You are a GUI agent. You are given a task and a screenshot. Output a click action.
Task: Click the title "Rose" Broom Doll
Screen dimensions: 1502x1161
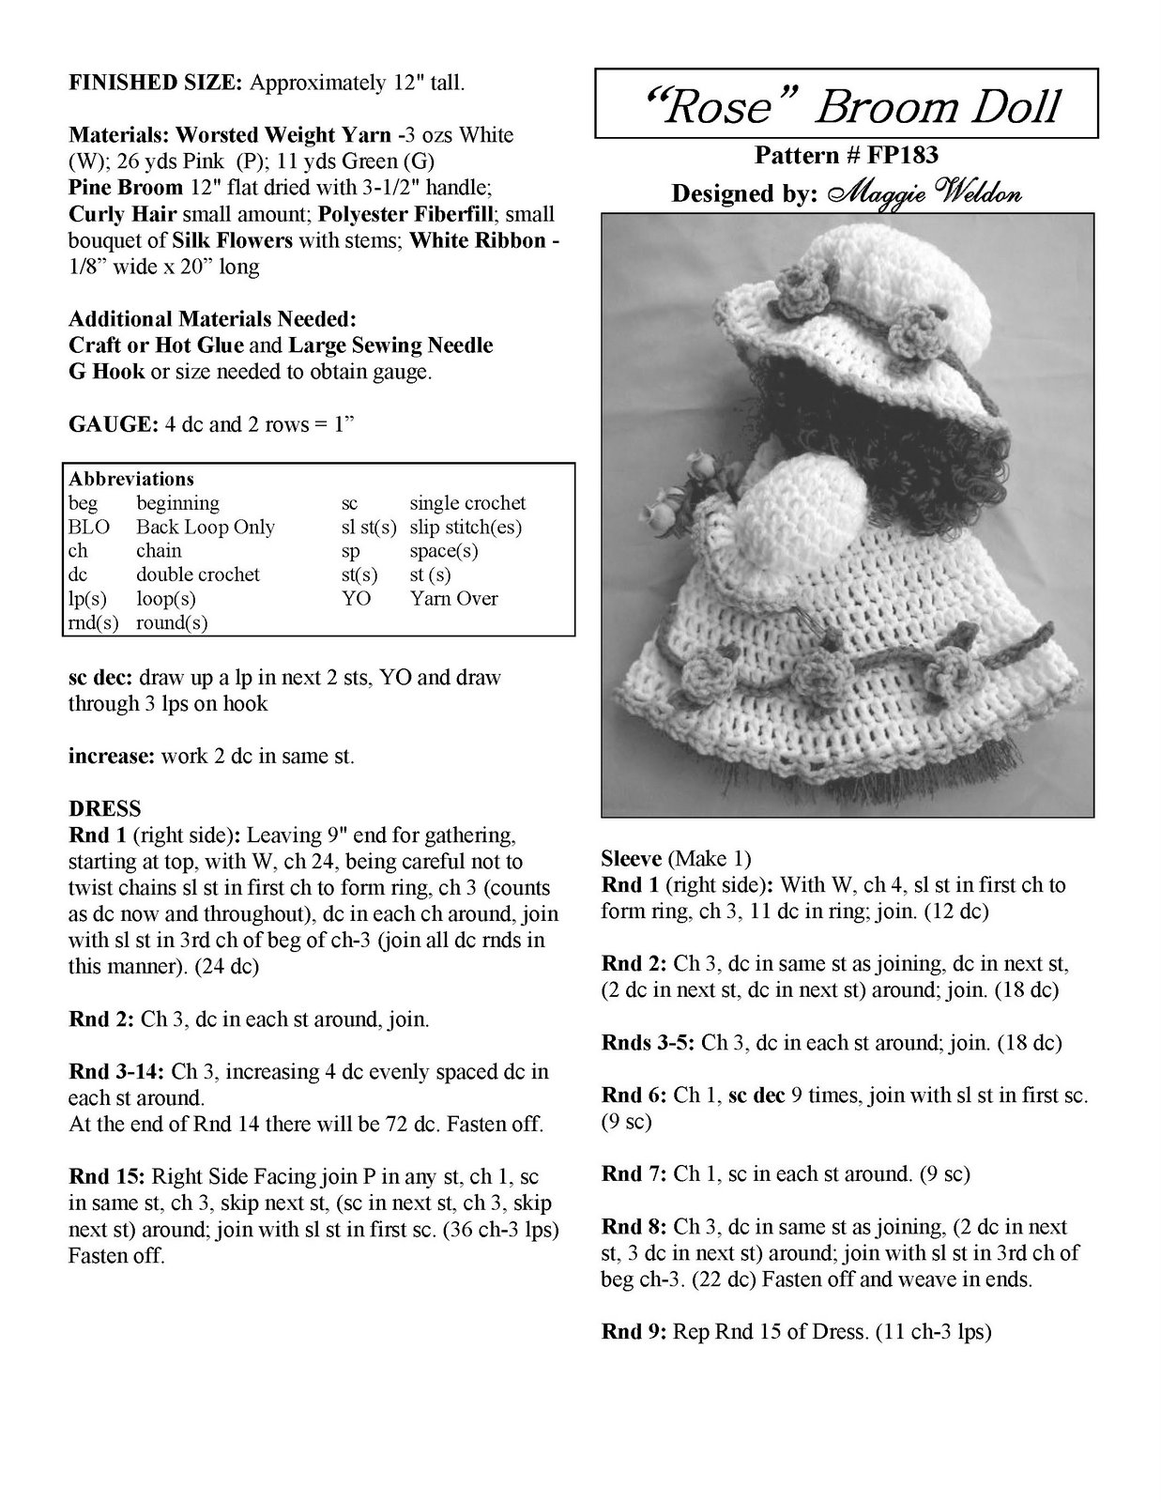846,106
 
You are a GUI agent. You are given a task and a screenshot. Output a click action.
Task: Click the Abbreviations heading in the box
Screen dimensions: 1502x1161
131,479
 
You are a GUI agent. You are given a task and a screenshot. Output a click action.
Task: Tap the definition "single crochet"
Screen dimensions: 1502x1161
467,503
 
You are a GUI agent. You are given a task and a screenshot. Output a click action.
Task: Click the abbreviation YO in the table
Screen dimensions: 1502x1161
356,598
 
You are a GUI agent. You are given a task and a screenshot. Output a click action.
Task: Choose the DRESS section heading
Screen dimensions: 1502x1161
104,808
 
